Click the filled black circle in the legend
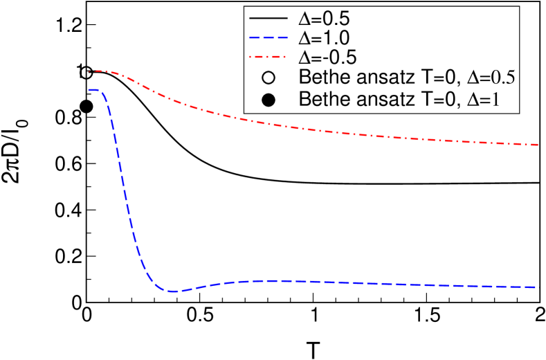[x=269, y=100]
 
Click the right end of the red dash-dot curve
[x=538, y=145]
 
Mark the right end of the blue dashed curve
[x=538, y=287]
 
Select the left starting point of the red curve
[x=90, y=71]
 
